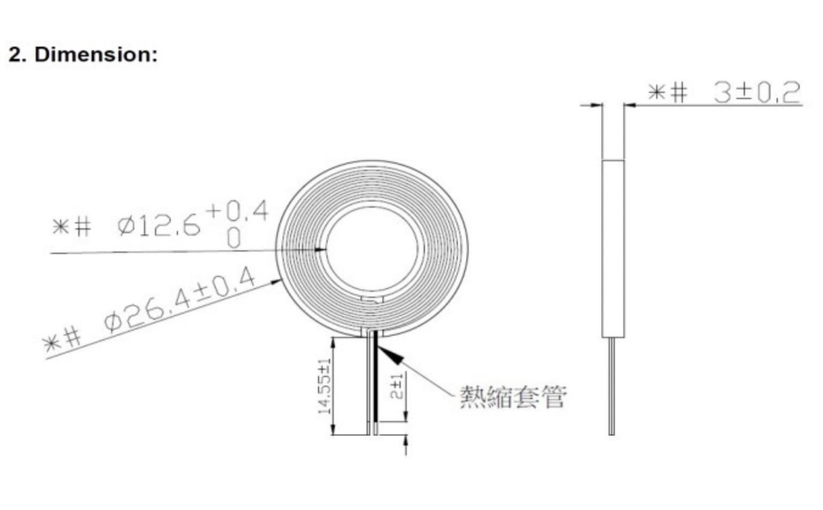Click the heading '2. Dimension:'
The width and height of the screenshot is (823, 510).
pyautogui.click(x=83, y=55)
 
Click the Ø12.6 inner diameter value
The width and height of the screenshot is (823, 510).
pyautogui.click(x=160, y=227)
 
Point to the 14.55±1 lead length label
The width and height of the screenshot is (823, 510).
pyautogui.click(x=324, y=386)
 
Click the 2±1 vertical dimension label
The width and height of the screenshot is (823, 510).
pyautogui.click(x=396, y=386)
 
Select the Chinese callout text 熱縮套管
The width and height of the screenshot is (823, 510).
pyautogui.click(x=513, y=397)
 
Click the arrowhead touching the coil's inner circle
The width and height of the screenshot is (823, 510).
pyautogui.click(x=321, y=249)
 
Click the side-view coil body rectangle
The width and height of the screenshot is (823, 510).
pyautogui.click(x=613, y=248)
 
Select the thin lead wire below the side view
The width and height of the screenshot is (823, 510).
pyautogui.click(x=612, y=386)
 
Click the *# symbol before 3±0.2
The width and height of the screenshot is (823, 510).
pyautogui.click(x=667, y=93)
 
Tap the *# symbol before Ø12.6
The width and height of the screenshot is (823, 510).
pyautogui.click(x=72, y=227)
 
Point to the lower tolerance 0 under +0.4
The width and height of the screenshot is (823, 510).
pyautogui.click(x=234, y=238)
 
